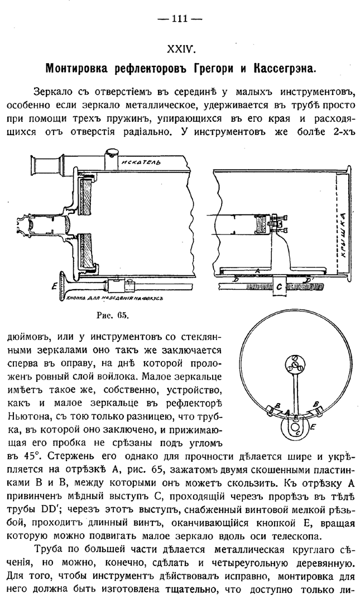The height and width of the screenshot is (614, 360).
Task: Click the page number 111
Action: click(180, 19)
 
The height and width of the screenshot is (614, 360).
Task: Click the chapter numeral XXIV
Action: click(180, 50)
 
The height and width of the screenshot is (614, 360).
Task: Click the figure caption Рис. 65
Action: click(116, 316)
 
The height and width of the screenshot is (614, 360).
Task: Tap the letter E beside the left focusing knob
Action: click(54, 286)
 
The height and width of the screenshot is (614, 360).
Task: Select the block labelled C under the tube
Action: click(280, 287)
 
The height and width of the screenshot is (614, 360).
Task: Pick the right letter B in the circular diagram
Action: click(316, 404)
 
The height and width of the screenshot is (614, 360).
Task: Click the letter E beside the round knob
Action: click(312, 426)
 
